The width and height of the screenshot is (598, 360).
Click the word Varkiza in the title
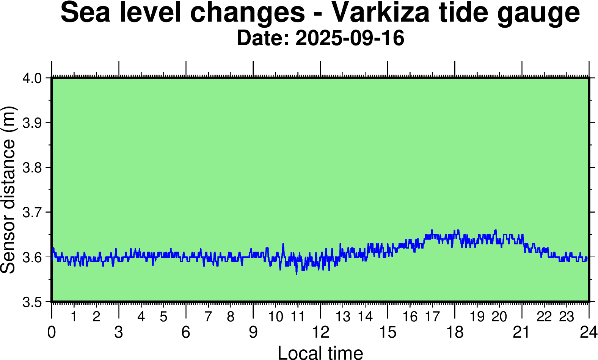click(381, 13)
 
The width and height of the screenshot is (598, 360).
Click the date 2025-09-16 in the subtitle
click(350, 38)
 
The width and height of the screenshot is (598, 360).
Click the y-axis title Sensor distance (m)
click(8, 189)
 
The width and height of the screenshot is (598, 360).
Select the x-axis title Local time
click(320, 352)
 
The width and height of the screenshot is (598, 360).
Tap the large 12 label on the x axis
click(320, 333)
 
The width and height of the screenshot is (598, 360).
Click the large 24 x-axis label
click(588, 333)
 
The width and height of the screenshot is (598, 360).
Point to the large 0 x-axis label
click(52, 333)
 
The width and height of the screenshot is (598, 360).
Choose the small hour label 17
click(432, 317)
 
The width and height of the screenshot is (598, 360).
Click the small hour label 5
click(163, 317)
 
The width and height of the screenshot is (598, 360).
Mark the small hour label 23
click(567, 317)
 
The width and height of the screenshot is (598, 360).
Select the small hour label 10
click(276, 317)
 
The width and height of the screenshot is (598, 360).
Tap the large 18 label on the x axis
click(455, 333)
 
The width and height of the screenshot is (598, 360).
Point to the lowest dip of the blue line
click(297, 274)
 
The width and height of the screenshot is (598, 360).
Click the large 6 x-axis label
click(186, 333)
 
